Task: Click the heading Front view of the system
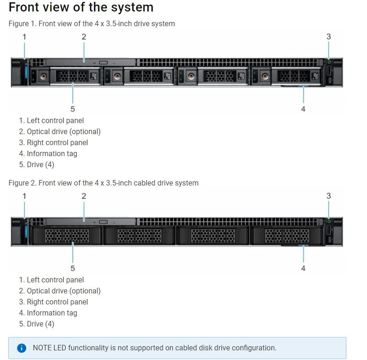81,7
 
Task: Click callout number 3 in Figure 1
328,37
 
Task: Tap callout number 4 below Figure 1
303,109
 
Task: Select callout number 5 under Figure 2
72,268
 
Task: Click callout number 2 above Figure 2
84,196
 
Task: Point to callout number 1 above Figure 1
24,37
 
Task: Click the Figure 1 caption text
92,23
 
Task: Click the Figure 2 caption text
103,183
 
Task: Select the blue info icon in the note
21,348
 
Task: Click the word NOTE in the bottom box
42,348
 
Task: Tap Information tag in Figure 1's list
52,153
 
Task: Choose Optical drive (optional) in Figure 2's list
63,291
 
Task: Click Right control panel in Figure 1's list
57,142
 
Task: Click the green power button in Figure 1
329,62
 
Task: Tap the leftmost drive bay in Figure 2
67,236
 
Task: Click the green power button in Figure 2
329,221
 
